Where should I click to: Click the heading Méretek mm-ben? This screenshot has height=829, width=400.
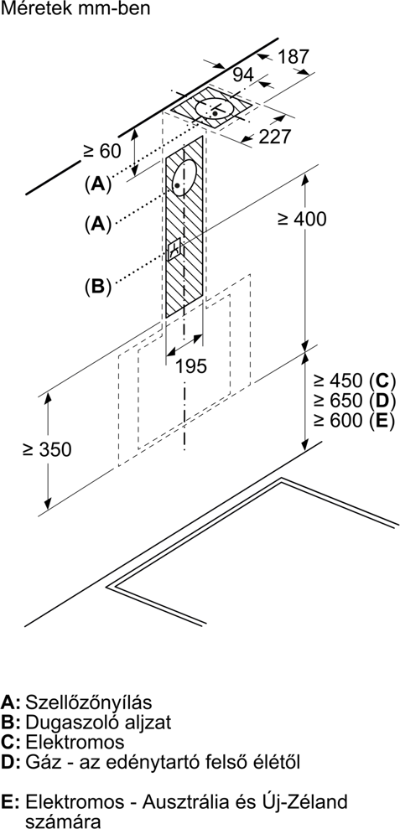(75, 9)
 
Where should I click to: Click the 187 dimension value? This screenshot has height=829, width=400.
(293, 56)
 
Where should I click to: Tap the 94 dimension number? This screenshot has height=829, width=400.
(243, 75)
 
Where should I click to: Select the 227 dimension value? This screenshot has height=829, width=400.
(275, 137)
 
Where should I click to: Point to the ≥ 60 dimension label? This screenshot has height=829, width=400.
(102, 151)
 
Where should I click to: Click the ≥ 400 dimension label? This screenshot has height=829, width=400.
(302, 219)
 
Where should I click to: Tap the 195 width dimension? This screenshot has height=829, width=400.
(191, 365)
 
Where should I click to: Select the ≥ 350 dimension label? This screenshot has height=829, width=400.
(47, 449)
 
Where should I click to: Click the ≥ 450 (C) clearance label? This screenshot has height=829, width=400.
(354, 381)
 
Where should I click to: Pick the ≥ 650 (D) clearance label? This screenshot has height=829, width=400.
(354, 400)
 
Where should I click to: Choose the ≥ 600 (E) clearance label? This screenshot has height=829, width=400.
(354, 420)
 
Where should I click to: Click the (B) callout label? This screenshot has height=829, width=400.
(98, 286)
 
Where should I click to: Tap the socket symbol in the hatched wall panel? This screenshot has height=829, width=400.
(174, 249)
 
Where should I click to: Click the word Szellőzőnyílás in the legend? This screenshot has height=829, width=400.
(89, 702)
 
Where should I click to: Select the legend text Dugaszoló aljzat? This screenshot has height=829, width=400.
(98, 723)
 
